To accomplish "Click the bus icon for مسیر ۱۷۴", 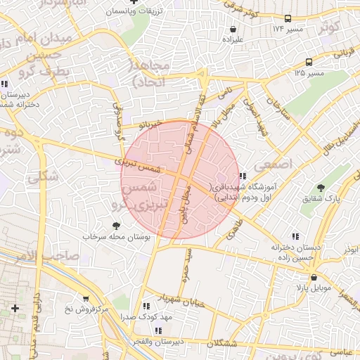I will pos(288,19).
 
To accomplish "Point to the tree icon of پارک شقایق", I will pos(321,188).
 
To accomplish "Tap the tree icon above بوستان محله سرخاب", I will pos(116,226).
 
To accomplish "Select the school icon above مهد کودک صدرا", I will pos(146,306).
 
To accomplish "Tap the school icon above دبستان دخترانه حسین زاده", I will pos(295,237).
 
